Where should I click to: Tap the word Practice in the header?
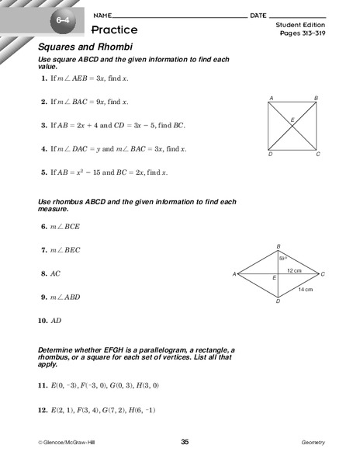(x=114, y=30)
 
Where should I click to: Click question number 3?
(x=43, y=124)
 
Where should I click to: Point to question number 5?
(x=43, y=172)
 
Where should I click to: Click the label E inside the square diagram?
(x=292, y=120)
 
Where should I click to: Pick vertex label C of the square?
(x=318, y=155)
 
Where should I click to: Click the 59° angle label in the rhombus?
(x=284, y=258)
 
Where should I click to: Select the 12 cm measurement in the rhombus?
(x=294, y=270)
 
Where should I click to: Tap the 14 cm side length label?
(x=305, y=289)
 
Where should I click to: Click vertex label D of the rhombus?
(x=278, y=301)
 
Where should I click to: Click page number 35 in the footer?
(x=185, y=442)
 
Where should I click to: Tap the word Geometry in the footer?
(x=313, y=442)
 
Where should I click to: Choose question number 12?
(x=43, y=409)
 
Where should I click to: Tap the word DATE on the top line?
(x=259, y=16)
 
